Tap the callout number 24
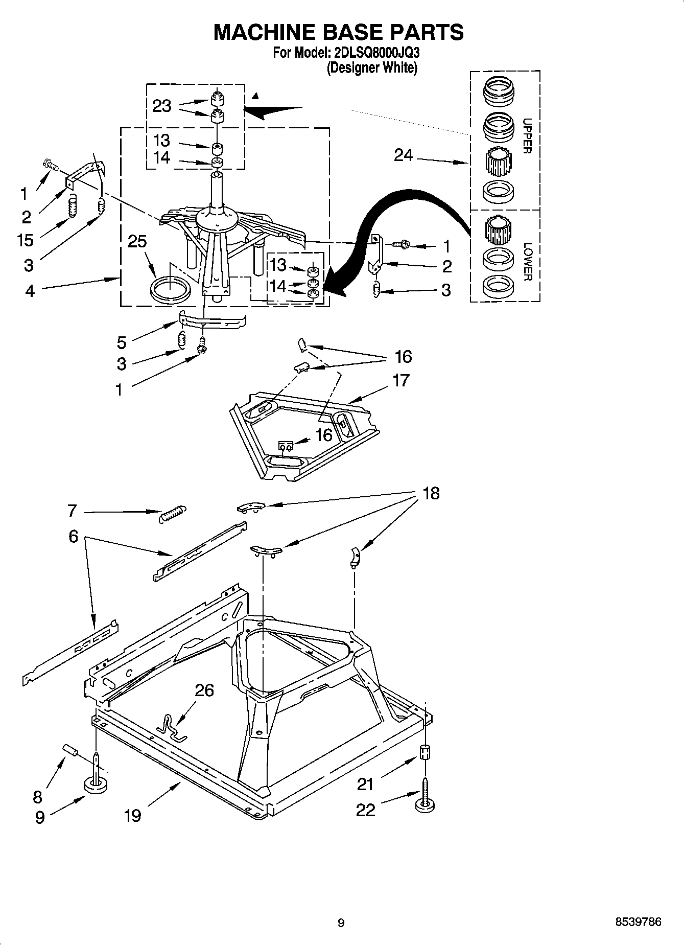pos(403,155)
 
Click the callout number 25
pos(137,241)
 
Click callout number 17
pos(401,380)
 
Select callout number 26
pos(204,690)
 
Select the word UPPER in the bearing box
pos(528,135)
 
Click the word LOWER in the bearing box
pos(528,261)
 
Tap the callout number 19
pos(132,815)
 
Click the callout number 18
pos(431,493)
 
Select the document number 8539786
pos(639,922)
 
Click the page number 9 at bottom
pos(341,923)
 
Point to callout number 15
pos(25,240)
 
